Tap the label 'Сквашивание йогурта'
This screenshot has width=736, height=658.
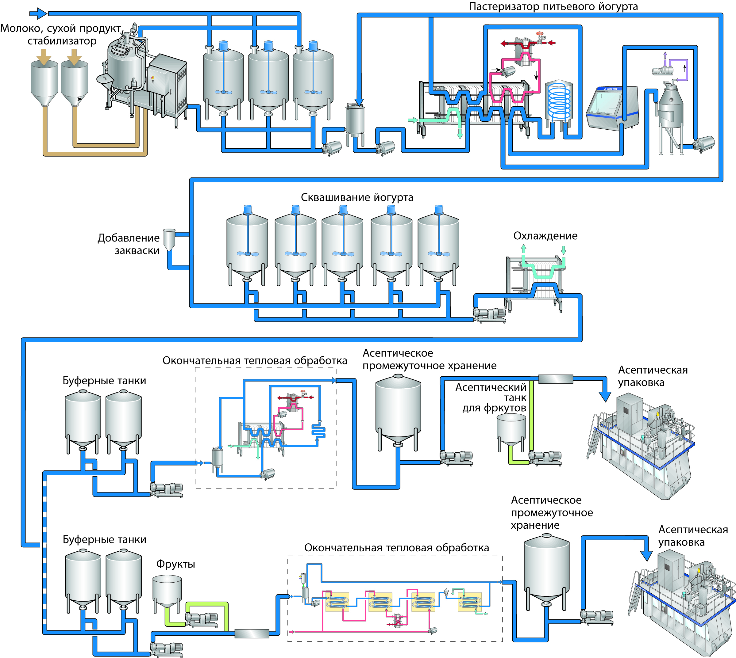coord(357,197)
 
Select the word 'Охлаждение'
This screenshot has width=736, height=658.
coord(545,236)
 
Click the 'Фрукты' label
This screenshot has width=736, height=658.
coord(175,564)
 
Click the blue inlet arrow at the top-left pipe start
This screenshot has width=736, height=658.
coord(38,14)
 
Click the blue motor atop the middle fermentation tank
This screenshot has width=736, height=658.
coord(343,209)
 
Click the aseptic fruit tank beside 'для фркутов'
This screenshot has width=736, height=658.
coord(511,430)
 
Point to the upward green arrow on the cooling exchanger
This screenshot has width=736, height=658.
coord(523,249)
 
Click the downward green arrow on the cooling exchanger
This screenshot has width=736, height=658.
coord(563,249)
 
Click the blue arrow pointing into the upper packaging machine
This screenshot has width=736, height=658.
coord(605,396)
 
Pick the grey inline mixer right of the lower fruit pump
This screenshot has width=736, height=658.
coord(252,633)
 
